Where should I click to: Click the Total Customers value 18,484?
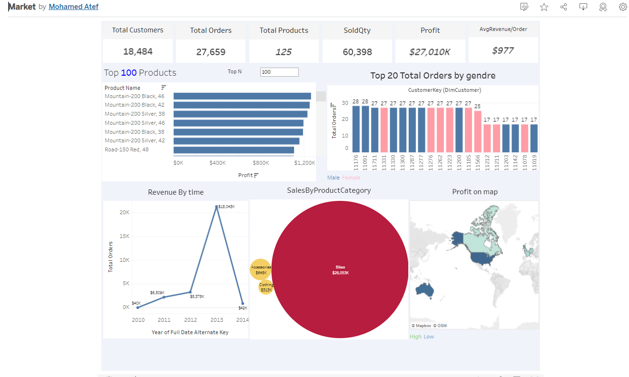pos(138,51)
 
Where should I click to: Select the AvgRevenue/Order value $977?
pos(503,50)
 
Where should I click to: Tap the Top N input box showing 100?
pos(279,72)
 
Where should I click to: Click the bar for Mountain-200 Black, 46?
pos(242,96)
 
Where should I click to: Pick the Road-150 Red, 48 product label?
pos(127,149)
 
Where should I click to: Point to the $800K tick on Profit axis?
pos(261,163)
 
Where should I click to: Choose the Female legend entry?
pos(351,178)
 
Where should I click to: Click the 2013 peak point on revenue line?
pos(216,207)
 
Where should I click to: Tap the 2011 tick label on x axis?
pos(164,320)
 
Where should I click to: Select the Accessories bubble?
pos(260,270)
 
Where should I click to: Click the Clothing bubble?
pos(265,288)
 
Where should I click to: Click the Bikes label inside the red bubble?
pos(340,268)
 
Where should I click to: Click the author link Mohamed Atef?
pos(74,7)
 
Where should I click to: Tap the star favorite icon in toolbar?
pos(544,7)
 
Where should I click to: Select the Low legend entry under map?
pos(429,337)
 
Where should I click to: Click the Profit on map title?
pos(474,192)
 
